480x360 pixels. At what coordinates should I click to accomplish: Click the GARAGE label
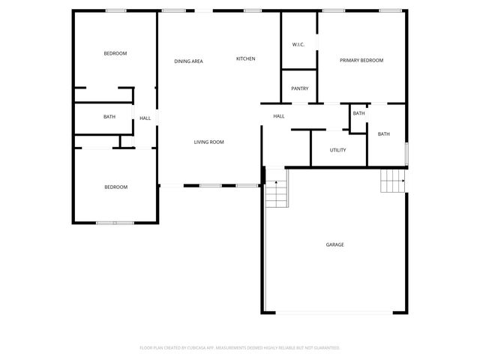334,244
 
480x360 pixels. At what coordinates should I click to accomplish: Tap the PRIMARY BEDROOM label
361,60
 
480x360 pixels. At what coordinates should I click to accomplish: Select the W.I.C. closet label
298,44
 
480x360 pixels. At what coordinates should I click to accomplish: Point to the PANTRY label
299,88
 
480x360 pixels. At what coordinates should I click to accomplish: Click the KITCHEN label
246,58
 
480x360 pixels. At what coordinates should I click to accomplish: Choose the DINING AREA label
188,61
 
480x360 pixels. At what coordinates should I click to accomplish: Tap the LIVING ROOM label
208,142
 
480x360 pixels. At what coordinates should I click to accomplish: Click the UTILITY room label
337,150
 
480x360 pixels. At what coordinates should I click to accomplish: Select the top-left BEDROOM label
115,53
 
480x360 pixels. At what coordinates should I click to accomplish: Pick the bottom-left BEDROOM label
115,187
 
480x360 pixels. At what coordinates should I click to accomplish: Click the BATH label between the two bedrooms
109,117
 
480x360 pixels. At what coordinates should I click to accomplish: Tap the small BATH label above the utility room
358,113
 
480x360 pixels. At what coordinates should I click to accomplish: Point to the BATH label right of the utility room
383,134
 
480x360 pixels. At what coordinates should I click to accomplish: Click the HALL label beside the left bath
145,118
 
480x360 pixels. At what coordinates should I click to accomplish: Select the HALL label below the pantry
278,116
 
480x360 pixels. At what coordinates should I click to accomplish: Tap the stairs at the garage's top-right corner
393,181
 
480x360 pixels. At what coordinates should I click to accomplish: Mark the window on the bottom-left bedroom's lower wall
115,222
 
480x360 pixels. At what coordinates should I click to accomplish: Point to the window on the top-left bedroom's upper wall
115,10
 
